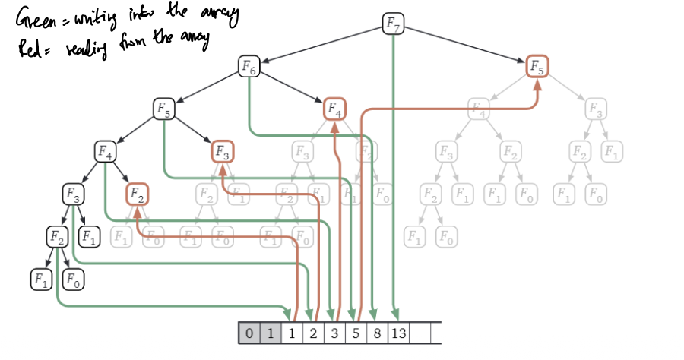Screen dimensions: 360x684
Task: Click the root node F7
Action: pos(393,24)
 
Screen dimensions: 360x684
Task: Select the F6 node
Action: pos(249,67)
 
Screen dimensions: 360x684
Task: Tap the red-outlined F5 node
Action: pos(537,67)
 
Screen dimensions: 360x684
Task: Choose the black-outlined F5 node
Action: pos(163,109)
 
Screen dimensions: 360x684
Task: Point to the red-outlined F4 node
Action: pos(334,109)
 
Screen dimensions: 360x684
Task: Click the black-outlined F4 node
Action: pos(105,151)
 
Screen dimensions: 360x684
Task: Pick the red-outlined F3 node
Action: pos(222,152)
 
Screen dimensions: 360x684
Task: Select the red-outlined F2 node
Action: pos(138,194)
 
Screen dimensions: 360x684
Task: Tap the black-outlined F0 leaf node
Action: pos(73,279)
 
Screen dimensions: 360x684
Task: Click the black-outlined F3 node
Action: pos(74,194)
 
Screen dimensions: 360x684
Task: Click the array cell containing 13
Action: pos(397,333)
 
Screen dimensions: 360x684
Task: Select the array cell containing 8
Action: pos(375,333)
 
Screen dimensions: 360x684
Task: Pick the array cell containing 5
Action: pos(354,333)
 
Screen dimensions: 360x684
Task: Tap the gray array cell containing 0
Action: pos(249,333)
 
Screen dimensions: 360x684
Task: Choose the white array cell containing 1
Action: pos(291,333)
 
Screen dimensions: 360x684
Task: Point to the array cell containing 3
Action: pos(333,333)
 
